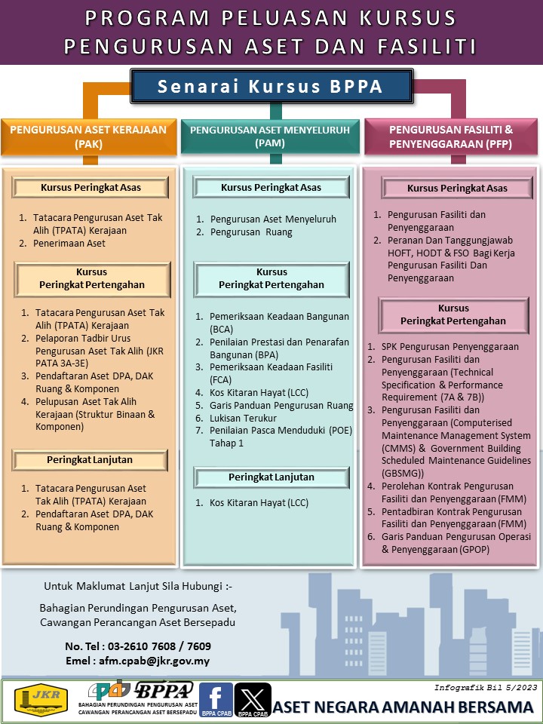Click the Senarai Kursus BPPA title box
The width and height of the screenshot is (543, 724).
point(271,87)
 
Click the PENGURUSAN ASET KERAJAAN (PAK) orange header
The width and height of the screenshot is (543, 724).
point(88,136)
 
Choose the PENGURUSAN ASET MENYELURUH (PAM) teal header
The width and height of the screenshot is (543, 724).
point(270,136)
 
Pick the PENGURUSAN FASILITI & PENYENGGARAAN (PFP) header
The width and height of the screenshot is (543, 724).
point(451,136)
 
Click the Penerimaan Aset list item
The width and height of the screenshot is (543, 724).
point(69,244)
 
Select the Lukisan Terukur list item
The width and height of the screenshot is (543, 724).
point(243,418)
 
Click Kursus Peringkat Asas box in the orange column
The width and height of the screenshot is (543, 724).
point(90,188)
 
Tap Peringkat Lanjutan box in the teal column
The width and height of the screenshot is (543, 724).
point(271,477)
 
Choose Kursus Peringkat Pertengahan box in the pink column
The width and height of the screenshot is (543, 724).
point(453,314)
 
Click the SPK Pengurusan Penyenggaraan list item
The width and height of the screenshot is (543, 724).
point(449,347)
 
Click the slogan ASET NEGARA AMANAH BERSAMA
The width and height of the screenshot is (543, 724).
point(403,707)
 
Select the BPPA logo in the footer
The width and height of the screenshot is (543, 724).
point(164,690)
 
